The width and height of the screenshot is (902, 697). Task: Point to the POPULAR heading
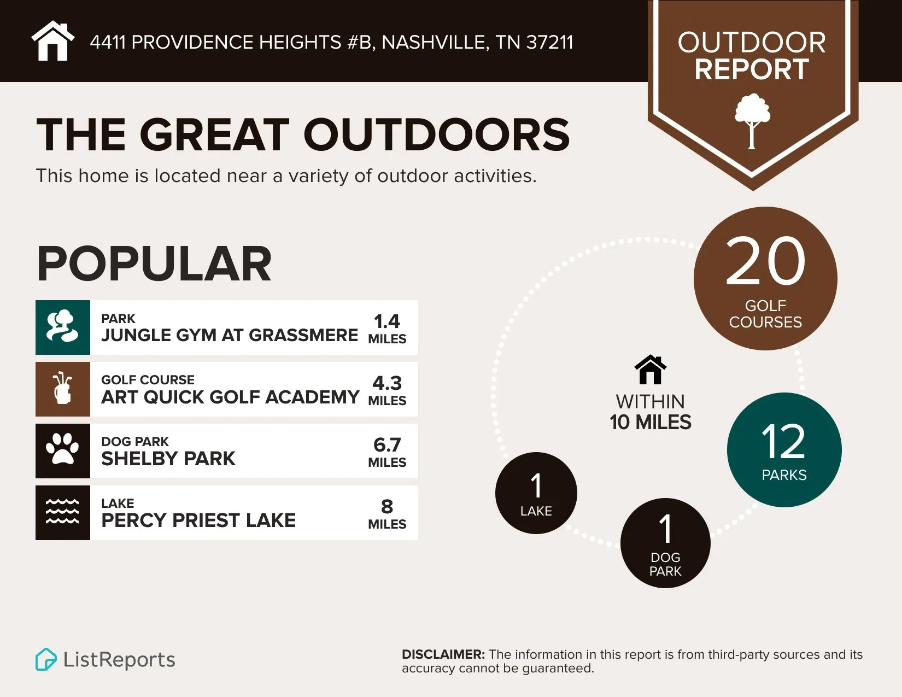pyautogui.click(x=154, y=264)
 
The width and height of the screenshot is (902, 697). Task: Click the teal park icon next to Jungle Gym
pyautogui.click(x=63, y=327)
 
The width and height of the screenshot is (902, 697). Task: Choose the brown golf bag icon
pyautogui.click(x=63, y=389)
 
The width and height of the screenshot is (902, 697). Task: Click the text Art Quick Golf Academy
pyautogui.click(x=230, y=397)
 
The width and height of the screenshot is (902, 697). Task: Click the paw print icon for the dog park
pyautogui.click(x=63, y=450)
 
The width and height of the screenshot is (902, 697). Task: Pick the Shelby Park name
pyautogui.click(x=168, y=459)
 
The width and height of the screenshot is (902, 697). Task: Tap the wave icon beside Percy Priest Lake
pyautogui.click(x=63, y=512)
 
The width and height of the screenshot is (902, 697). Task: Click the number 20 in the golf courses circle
pyautogui.click(x=765, y=261)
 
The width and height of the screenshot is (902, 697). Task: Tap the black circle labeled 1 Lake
pyautogui.click(x=536, y=493)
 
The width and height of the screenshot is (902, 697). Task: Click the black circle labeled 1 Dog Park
pyautogui.click(x=665, y=543)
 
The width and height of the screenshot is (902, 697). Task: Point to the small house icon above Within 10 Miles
pyautogui.click(x=650, y=370)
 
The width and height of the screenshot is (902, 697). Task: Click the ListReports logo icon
pyautogui.click(x=46, y=659)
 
